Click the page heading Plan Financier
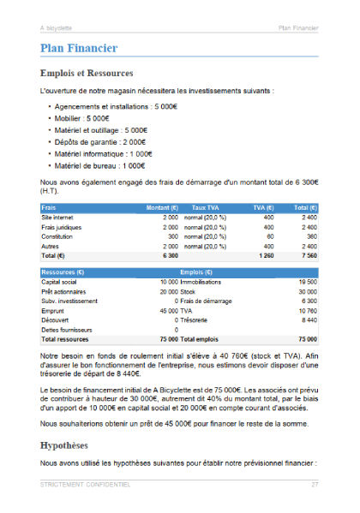79,49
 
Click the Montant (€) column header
162,207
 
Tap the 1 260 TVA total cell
264,254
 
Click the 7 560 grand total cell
308,254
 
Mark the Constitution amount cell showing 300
171,236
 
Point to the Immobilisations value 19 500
307,281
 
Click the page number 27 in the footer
315,485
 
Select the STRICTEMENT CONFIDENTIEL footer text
84,485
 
